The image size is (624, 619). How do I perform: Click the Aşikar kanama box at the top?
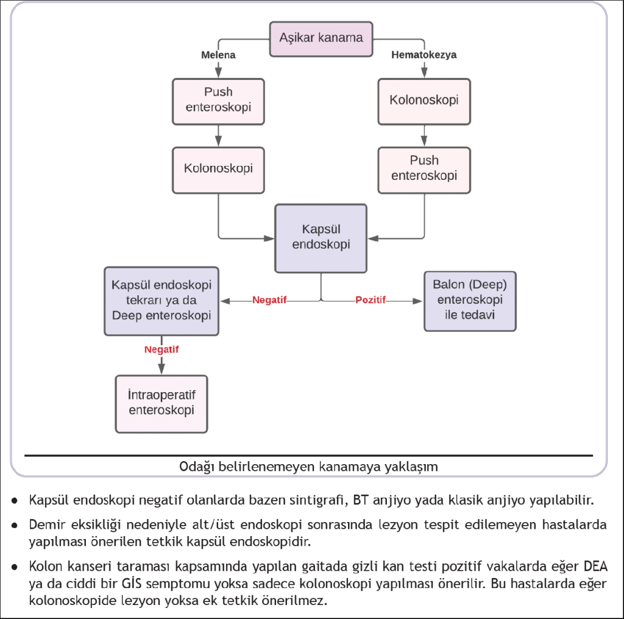[x=321, y=38]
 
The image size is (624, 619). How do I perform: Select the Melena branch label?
[x=218, y=55]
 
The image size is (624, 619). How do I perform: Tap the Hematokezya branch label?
[x=424, y=55]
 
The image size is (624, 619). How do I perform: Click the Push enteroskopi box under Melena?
[x=218, y=99]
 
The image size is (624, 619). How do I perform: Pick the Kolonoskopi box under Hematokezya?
[x=424, y=99]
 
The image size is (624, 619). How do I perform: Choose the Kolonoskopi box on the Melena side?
[x=218, y=168]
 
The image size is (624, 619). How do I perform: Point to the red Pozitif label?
[x=370, y=301]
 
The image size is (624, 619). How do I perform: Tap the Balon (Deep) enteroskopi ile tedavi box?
[x=470, y=301]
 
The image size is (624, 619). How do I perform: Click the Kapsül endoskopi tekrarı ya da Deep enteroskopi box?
[x=161, y=300]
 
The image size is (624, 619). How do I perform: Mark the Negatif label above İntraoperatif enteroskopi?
[x=161, y=349]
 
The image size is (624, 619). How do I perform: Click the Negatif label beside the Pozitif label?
[x=269, y=301]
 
